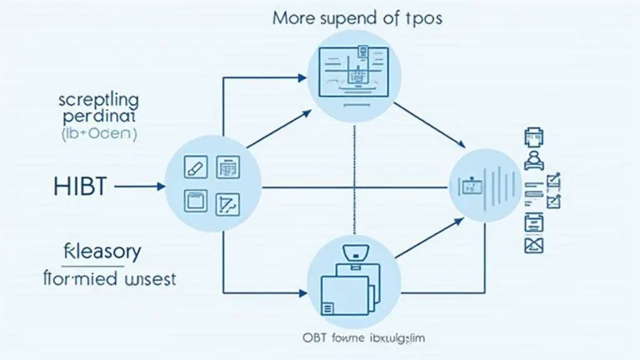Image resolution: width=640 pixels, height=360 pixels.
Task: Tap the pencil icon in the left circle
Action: pyautogui.click(x=195, y=167)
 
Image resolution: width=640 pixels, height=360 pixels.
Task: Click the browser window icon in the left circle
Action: pyautogui.click(x=194, y=201)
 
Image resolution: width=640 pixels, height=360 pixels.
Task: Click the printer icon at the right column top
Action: pyautogui.click(x=533, y=137)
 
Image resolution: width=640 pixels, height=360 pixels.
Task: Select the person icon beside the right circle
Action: pyautogui.click(x=533, y=159)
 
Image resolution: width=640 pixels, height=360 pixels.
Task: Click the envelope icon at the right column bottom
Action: pyautogui.click(x=533, y=245)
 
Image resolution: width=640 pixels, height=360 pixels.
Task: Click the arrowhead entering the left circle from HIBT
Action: pyautogui.click(x=162, y=187)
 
